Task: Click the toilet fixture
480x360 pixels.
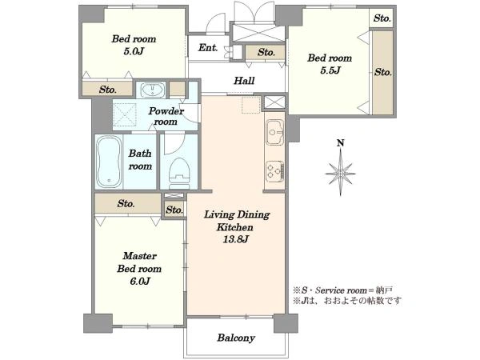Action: pos(179,173)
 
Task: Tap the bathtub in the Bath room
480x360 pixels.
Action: pos(109,162)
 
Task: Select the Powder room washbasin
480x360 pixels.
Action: pos(153,90)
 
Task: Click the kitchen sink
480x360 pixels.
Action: pos(275,132)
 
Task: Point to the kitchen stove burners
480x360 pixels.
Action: pos(275,171)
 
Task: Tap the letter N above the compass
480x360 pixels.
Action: pos(341,143)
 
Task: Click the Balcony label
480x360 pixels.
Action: pos(236,338)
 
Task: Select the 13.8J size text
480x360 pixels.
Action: pos(235,239)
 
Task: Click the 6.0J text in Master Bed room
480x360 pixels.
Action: pos(140,281)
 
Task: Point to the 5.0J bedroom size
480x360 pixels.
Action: pos(134,51)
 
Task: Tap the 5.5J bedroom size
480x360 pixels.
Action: pos(330,70)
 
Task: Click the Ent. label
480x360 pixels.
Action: pos(208,48)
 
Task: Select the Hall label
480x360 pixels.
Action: pos(244,81)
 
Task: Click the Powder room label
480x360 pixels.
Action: pos(166,116)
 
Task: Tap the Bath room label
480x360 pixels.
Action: pos(140,159)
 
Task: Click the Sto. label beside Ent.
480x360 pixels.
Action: pos(266,52)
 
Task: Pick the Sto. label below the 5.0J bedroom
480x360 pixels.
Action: pos(108,90)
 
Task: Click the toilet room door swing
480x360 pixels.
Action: pos(174,143)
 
